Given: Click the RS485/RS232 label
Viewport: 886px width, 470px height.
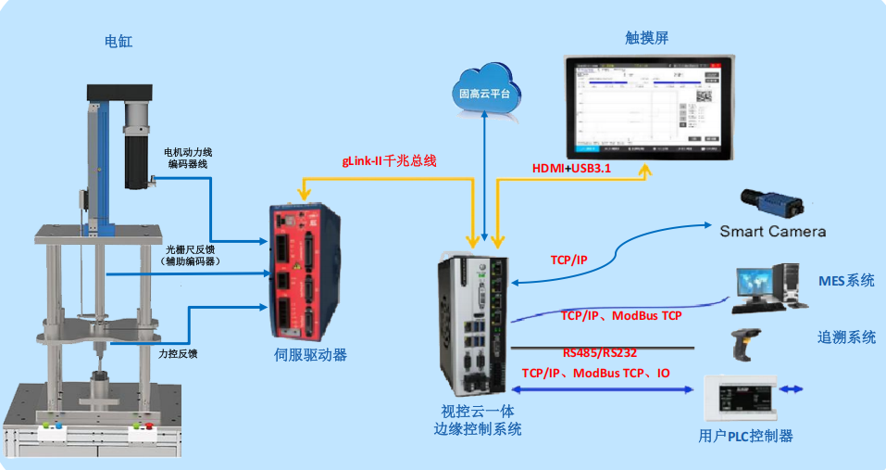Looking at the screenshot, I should point(600,352).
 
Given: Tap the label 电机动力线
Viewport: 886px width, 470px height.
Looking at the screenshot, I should point(188,152).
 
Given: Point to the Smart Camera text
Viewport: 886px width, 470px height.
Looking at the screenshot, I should point(772,232).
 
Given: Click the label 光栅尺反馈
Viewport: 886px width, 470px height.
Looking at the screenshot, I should point(193,250).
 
